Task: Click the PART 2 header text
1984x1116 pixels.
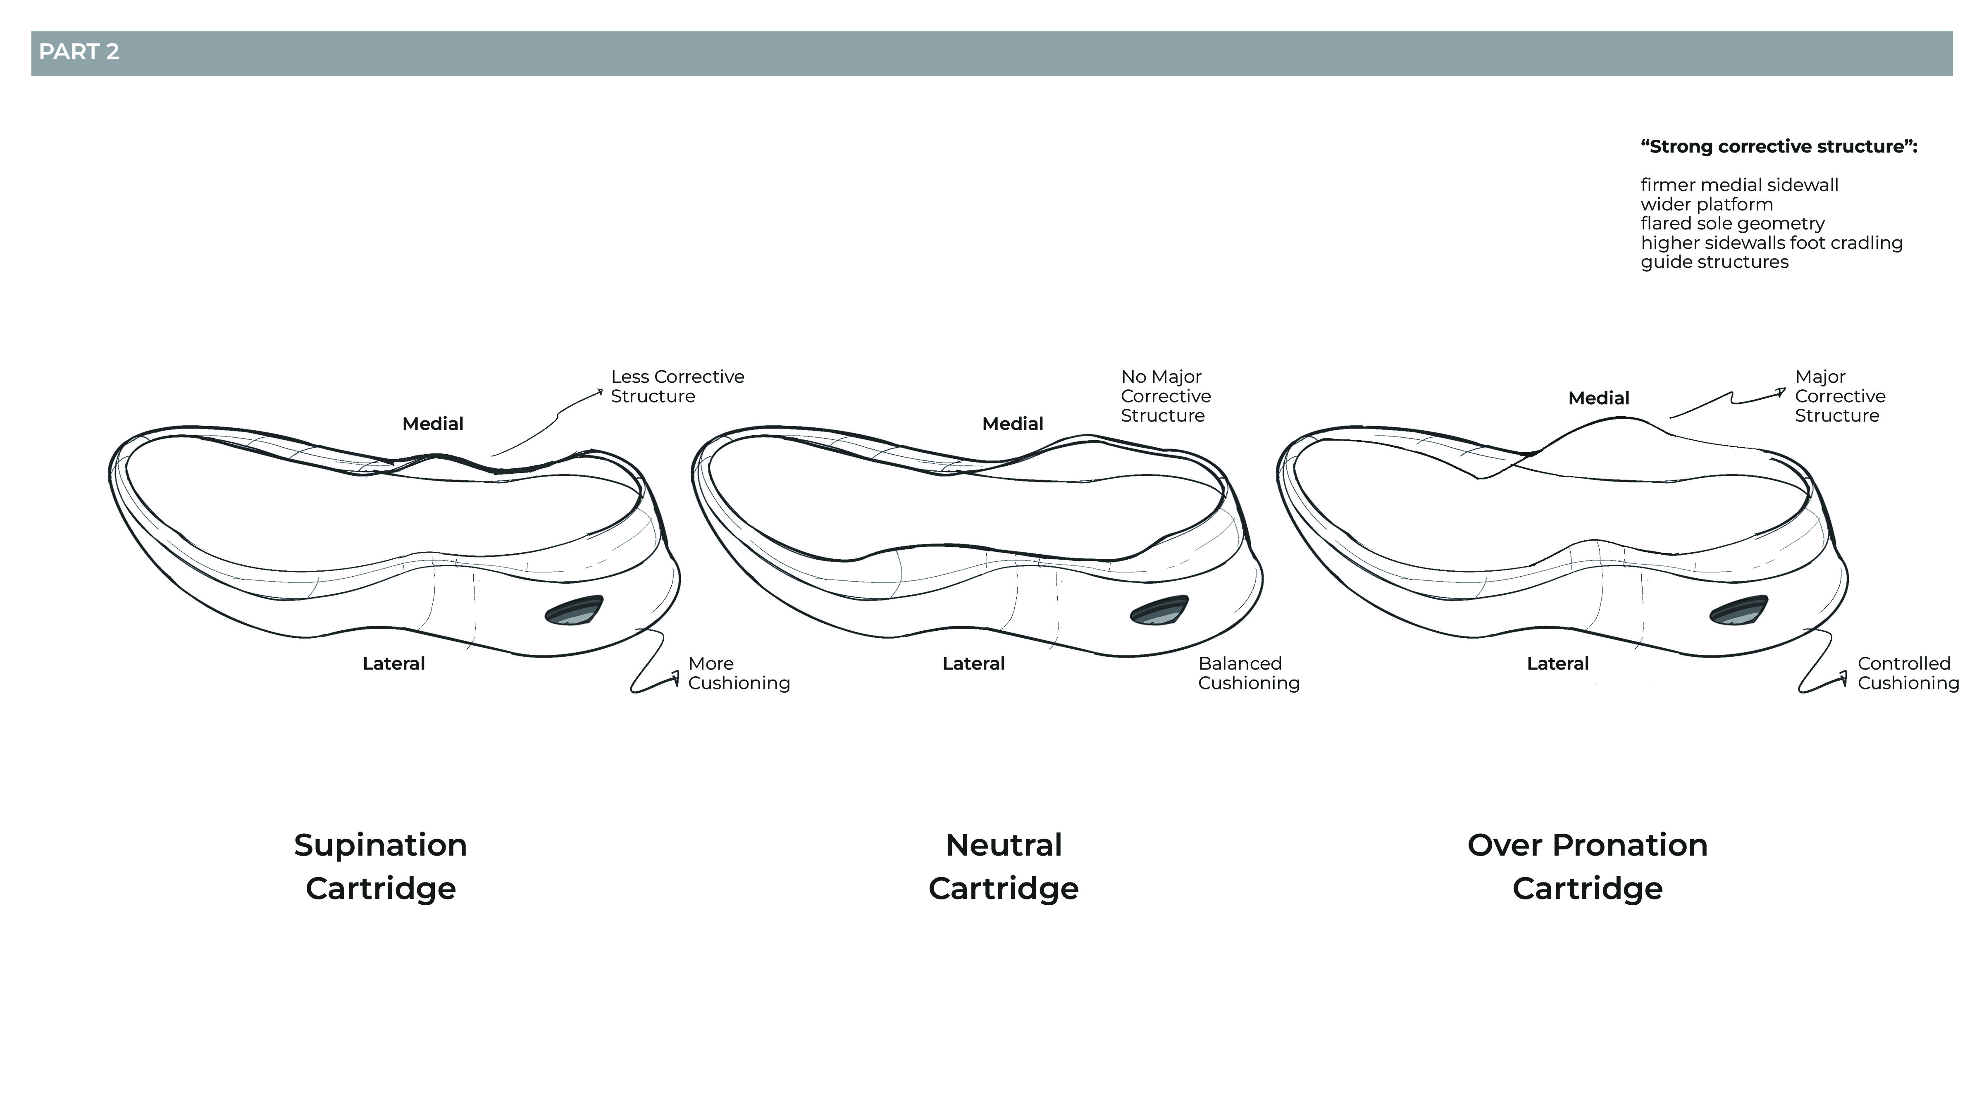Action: pos(79,52)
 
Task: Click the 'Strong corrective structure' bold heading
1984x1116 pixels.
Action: pos(1778,146)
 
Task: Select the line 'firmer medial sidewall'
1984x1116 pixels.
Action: pos(1739,185)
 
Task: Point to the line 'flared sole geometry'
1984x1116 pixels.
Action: pos(1732,223)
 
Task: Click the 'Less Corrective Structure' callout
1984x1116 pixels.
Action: pos(677,386)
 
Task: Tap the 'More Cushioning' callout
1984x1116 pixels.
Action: pos(738,673)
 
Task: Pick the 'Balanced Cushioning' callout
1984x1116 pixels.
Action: pos(1248,673)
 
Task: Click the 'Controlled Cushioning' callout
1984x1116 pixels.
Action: pos(1908,673)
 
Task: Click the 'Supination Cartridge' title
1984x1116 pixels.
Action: pos(380,866)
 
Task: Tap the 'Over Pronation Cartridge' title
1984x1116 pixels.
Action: pos(1587,866)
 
